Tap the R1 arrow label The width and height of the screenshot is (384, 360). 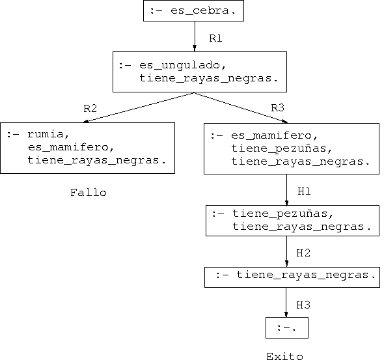(x=215, y=38)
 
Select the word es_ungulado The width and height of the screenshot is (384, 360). (x=182, y=66)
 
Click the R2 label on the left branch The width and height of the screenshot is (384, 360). (x=90, y=108)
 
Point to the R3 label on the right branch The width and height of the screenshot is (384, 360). (x=277, y=108)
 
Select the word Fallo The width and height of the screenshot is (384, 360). (x=89, y=193)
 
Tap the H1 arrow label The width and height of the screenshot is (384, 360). (x=304, y=191)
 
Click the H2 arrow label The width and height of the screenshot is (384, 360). (x=303, y=253)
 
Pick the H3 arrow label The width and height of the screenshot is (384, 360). (x=303, y=305)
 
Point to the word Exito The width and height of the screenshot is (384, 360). (x=284, y=356)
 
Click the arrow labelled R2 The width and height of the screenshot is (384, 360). (x=139, y=107)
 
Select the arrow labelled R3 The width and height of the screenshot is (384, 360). (x=241, y=107)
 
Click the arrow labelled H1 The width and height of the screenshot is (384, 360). (x=287, y=190)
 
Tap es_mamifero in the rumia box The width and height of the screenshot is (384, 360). (x=71, y=147)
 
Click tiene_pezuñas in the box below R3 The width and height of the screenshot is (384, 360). (x=282, y=149)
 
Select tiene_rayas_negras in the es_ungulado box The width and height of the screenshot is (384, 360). (x=209, y=79)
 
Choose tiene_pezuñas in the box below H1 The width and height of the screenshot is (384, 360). (x=283, y=214)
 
